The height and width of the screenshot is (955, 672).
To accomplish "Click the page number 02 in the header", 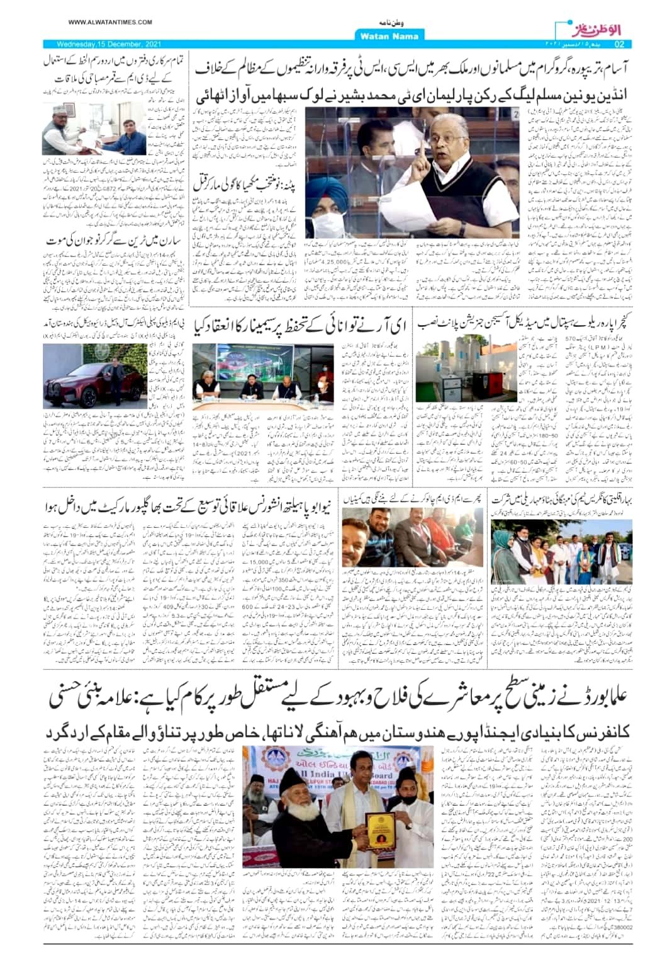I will pos(619,44).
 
